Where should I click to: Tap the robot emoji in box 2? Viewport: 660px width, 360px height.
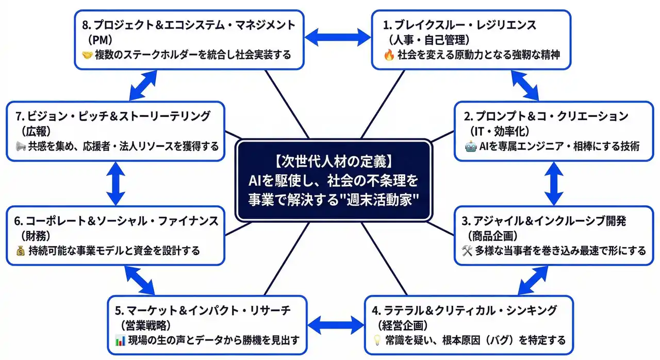pos(471,146)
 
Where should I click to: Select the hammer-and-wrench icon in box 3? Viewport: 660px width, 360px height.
pos(467,251)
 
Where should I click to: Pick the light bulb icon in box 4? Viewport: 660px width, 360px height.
pos(376,340)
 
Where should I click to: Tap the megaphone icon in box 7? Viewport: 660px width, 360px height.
pos(21,146)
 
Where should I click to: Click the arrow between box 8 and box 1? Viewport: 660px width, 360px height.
pos(337,37)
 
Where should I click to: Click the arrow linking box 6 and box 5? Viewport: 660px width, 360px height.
pos(139,279)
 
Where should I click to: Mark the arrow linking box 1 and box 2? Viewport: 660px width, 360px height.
pos(525,85)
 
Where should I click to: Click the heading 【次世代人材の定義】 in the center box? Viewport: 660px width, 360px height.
pos(333,162)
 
